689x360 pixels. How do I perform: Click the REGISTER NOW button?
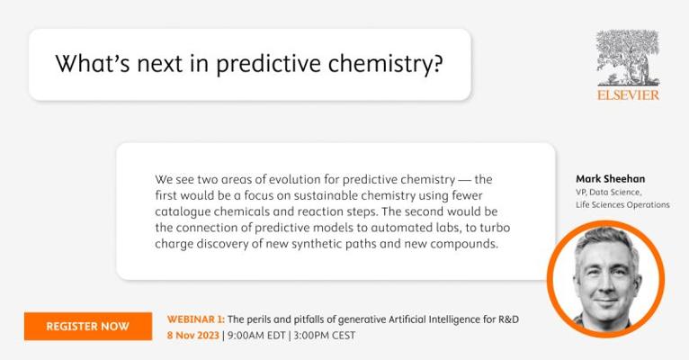click(x=88, y=326)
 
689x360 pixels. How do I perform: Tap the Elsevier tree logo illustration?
click(x=628, y=58)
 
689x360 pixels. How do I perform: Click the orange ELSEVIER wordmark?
click(x=628, y=94)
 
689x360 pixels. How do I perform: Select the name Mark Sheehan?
click(x=611, y=179)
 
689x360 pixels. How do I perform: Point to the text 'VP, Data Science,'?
click(x=609, y=192)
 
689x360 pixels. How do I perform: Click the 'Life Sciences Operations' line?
click(x=622, y=205)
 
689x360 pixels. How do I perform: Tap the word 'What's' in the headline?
click(x=93, y=63)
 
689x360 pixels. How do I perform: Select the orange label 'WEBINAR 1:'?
click(x=195, y=319)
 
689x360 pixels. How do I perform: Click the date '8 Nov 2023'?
click(x=192, y=336)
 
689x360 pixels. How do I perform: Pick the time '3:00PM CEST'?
click(x=325, y=336)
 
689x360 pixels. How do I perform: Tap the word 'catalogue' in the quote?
click(x=183, y=212)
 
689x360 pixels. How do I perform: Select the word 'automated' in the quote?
click(x=402, y=228)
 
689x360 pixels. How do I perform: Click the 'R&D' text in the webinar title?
click(x=508, y=319)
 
